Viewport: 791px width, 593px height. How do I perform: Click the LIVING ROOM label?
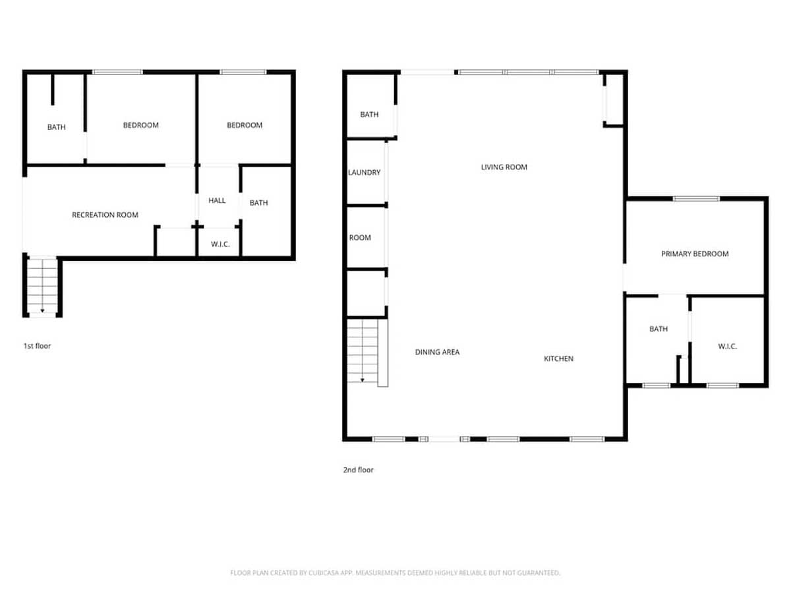pos(504,167)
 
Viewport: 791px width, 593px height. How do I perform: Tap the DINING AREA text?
pos(437,352)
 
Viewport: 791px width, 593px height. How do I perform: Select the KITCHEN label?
pos(558,358)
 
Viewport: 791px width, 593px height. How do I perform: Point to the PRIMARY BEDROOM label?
pos(694,254)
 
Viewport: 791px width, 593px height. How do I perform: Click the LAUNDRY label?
pos(364,173)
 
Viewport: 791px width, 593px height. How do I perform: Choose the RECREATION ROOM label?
pos(105,215)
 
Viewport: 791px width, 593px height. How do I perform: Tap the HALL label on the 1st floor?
pos(217,200)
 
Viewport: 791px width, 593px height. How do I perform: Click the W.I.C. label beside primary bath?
pos(727,347)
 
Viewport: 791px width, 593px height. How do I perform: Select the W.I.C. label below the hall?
pos(220,244)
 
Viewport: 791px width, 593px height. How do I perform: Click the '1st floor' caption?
pos(37,346)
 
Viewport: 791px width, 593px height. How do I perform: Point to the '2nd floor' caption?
pos(358,470)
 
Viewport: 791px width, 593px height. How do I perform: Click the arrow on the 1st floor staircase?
pos(43,286)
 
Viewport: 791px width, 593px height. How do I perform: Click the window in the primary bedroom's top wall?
pos(696,199)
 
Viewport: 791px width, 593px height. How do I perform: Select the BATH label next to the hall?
pos(259,203)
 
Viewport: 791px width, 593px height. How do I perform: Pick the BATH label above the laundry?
pos(369,115)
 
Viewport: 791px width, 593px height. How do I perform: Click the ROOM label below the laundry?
pos(360,238)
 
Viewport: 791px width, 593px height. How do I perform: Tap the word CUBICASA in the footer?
pos(324,573)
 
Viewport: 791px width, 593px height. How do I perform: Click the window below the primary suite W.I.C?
pos(722,385)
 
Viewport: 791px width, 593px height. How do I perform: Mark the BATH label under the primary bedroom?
pos(659,329)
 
